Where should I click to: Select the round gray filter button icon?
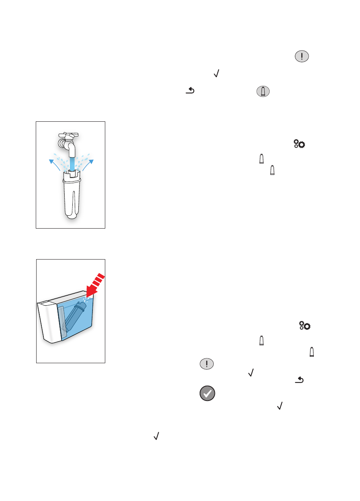click(x=262, y=92)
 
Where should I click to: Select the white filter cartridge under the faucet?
click(x=71, y=197)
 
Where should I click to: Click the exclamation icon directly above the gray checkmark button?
click(x=207, y=364)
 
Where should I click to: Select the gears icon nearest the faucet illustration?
click(x=299, y=144)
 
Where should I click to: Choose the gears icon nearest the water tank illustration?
click(x=305, y=326)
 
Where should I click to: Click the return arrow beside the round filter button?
click(x=189, y=92)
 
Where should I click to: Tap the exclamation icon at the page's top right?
click(x=302, y=56)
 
